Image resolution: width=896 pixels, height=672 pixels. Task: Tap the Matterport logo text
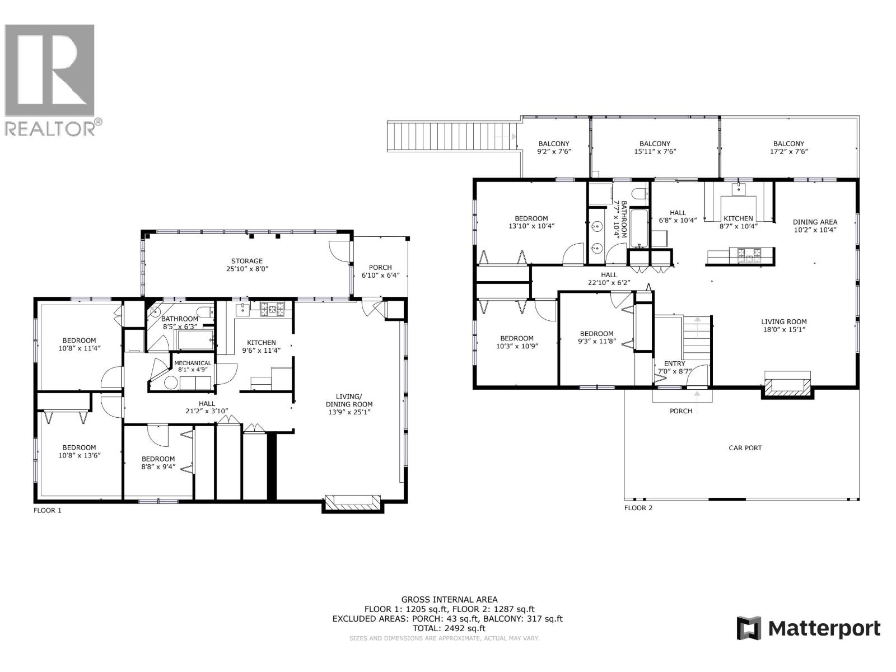click(824, 628)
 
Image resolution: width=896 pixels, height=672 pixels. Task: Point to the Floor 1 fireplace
click(353, 502)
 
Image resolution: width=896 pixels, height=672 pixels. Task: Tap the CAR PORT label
click(745, 448)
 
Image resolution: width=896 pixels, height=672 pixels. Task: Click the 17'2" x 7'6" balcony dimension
click(788, 152)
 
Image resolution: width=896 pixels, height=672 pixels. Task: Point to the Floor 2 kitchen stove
click(749, 255)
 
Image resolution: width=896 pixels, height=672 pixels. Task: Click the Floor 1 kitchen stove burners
click(272, 307)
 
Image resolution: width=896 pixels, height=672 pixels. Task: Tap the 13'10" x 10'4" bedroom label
click(531, 222)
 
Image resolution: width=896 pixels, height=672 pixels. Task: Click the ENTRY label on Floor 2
click(674, 363)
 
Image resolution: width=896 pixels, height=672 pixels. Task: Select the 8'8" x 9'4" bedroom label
click(158, 463)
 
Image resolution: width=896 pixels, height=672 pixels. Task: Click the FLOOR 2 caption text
click(638, 508)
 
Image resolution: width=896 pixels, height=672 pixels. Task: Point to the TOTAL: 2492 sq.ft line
click(449, 628)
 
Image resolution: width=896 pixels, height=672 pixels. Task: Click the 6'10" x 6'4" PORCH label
click(380, 271)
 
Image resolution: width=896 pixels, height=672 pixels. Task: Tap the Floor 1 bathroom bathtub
click(194, 339)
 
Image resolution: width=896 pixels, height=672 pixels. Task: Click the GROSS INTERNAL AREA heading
click(449, 599)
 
